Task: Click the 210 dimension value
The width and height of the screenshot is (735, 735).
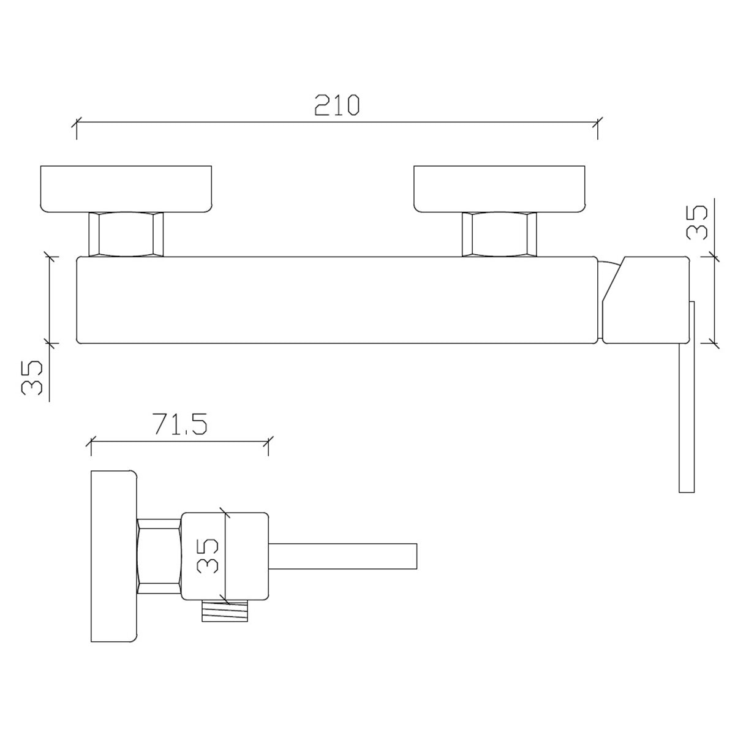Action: [x=337, y=105]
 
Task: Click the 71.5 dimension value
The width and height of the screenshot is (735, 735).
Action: [x=181, y=424]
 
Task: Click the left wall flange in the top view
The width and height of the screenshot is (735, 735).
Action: [x=126, y=189]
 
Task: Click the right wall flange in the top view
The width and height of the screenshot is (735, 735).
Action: [x=499, y=189]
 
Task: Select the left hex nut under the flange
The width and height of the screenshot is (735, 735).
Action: [x=126, y=234]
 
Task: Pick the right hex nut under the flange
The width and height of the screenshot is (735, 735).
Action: [x=499, y=234]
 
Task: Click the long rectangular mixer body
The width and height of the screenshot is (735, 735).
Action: [x=337, y=300]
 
